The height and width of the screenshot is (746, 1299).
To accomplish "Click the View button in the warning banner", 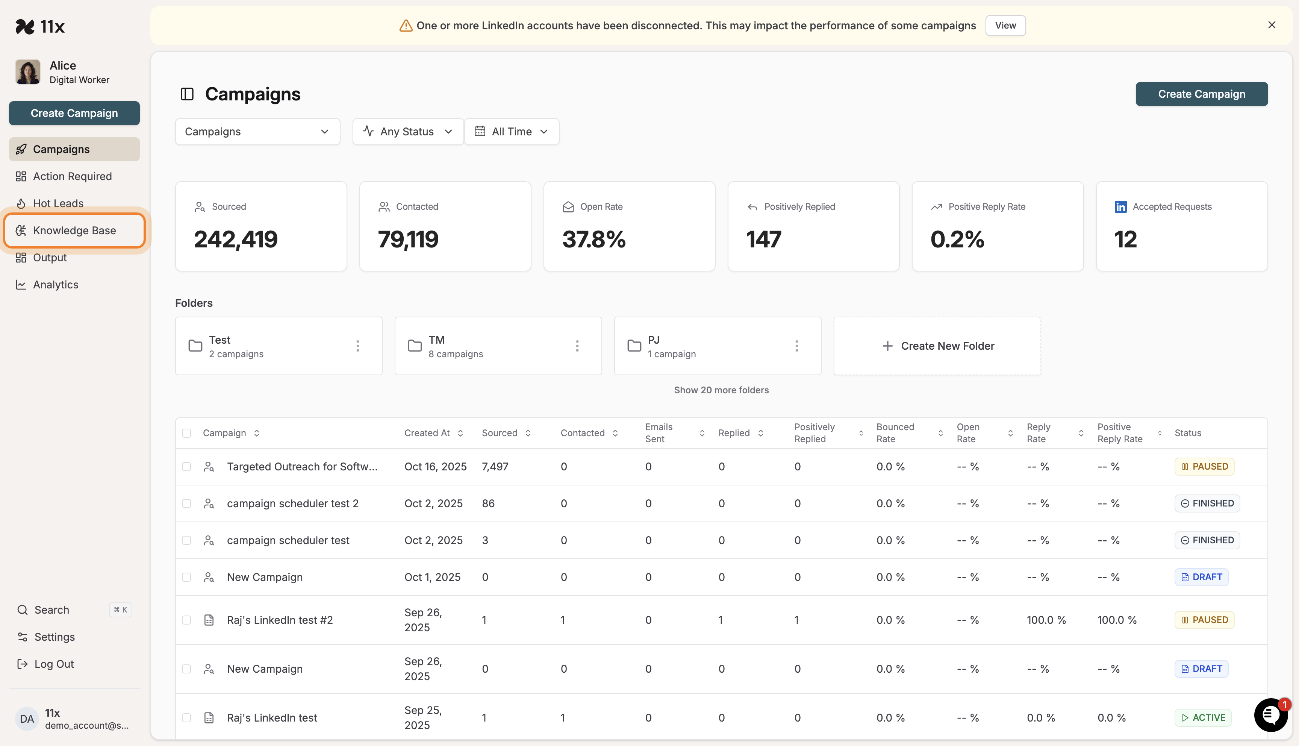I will (x=1005, y=26).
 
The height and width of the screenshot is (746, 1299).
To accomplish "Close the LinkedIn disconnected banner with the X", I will (x=1271, y=25).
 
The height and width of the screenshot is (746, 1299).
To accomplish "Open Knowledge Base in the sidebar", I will (x=74, y=230).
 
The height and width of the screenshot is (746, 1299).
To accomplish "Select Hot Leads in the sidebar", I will (x=58, y=203).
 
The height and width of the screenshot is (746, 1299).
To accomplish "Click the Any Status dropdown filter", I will (x=407, y=132).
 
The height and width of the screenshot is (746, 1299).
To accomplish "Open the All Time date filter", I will (x=511, y=132).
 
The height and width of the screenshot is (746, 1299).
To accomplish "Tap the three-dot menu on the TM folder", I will (x=577, y=346).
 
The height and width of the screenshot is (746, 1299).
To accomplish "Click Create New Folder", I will (x=937, y=346).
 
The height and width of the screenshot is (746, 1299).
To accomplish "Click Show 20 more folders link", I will (x=721, y=390).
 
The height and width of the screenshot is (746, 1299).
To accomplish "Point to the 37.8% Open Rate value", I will (x=593, y=239).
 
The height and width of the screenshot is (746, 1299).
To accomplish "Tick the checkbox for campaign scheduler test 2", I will (x=186, y=503).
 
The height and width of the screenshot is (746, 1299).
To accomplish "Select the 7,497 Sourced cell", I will (x=495, y=467).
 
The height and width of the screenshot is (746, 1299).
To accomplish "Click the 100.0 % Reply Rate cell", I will (x=1046, y=620).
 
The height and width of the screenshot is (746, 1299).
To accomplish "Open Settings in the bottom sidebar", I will (x=54, y=637).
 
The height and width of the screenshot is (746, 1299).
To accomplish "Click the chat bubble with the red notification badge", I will (x=1270, y=715).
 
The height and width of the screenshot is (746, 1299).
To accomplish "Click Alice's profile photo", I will (x=28, y=72).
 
